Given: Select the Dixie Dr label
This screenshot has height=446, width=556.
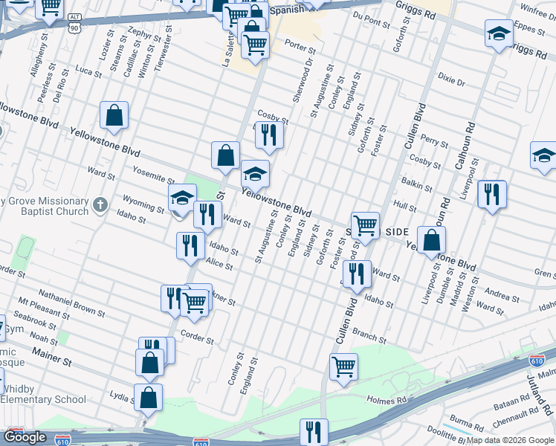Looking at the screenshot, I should [451, 80].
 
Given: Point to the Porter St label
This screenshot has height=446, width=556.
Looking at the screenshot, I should [300, 47].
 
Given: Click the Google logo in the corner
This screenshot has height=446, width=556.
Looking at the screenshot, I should [25, 436].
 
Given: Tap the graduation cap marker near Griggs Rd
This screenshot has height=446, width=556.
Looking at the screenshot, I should [499, 33].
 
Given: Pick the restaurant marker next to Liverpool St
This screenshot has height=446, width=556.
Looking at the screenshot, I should [491, 194].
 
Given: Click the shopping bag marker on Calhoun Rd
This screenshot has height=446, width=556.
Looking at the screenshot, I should [431, 240].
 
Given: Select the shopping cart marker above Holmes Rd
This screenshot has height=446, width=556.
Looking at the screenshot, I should [343, 366].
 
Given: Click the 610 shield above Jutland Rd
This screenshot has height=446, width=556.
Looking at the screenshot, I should [537, 361].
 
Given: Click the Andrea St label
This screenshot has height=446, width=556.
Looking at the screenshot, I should [503, 296].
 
